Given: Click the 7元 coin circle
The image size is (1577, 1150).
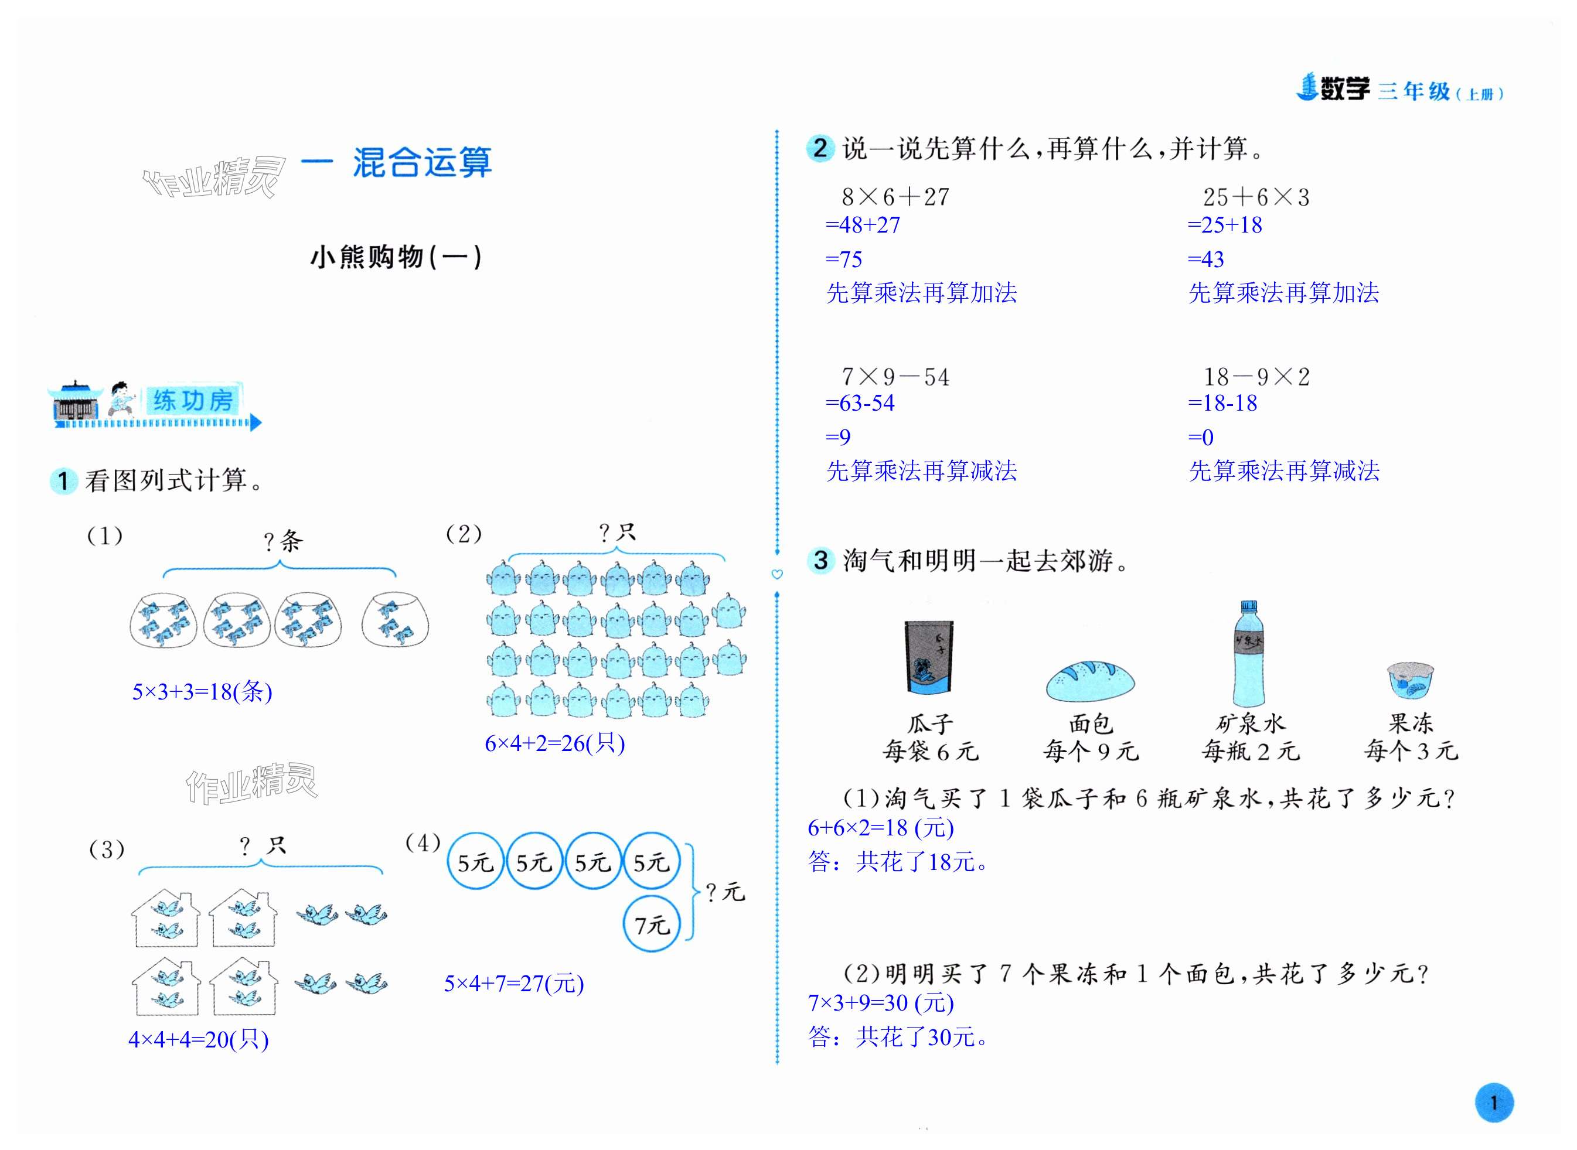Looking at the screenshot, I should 651,924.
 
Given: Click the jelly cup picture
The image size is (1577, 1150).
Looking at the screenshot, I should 1410,680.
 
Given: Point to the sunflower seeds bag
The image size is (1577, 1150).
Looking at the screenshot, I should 929,657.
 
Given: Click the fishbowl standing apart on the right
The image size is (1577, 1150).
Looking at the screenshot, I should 395,620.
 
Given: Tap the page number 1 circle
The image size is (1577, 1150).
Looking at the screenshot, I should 1493,1103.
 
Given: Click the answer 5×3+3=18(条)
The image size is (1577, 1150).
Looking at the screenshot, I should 202,691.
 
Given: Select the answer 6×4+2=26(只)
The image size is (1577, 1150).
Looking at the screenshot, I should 554,743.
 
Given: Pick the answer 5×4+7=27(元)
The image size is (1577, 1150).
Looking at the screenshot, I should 514,983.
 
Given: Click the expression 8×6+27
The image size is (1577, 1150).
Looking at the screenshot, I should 895,197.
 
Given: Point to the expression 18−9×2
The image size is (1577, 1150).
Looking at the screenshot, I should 1256,377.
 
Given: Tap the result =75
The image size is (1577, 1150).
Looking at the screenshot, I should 843,260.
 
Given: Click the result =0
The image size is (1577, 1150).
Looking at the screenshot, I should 1200,437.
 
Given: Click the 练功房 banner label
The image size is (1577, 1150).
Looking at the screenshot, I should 193,400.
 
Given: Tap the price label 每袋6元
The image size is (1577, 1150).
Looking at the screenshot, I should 930,752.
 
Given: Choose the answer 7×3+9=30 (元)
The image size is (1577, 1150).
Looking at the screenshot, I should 880,1002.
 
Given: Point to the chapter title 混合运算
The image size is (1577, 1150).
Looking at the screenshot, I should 422,163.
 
